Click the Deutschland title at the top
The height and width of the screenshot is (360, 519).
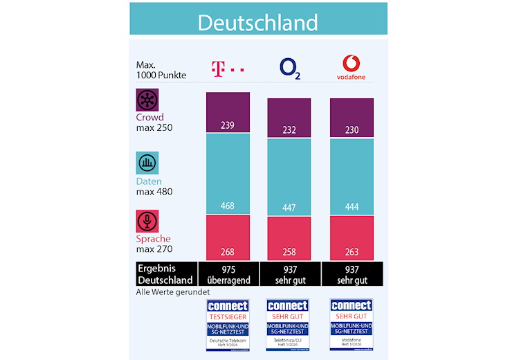click(257, 21)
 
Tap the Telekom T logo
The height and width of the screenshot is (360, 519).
click(227, 69)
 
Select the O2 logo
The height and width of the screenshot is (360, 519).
click(289, 69)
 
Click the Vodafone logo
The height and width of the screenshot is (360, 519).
click(352, 68)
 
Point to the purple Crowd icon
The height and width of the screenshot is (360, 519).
click(147, 99)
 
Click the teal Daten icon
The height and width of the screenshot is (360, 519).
click(147, 163)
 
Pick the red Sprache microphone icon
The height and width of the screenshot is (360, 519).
click(147, 221)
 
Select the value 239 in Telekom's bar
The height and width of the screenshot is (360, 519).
click(228, 125)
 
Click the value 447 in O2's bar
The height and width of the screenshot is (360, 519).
click(289, 208)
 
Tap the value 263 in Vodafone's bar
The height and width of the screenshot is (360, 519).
click(352, 251)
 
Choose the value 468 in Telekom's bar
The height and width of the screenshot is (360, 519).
click(228, 206)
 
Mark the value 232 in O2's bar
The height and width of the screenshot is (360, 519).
click(289, 129)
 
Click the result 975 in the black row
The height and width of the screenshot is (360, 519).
click(228, 268)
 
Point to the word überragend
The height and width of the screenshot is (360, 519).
click(228, 280)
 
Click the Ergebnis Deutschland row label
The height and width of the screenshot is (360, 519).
click(165, 274)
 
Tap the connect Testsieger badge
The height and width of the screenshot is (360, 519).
click(228, 325)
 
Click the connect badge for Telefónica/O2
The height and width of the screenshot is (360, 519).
click(289, 325)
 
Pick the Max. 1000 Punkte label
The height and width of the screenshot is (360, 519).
click(161, 69)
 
